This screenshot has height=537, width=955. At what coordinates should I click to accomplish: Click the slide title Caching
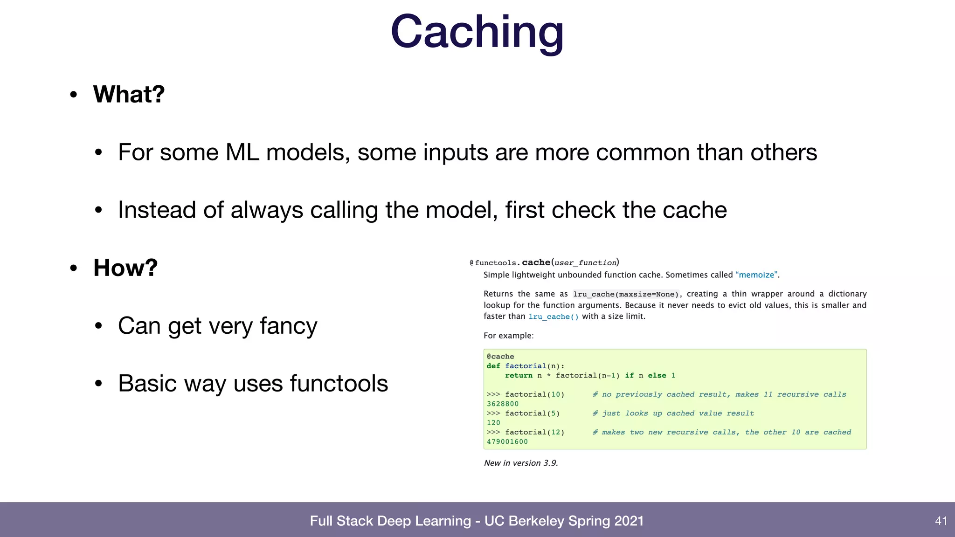tap(477, 32)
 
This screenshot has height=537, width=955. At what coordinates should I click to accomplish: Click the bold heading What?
tap(129, 94)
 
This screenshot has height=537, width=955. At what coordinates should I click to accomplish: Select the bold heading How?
tap(125, 268)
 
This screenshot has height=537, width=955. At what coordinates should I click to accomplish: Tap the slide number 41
tap(941, 521)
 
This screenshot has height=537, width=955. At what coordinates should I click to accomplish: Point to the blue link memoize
tap(756, 275)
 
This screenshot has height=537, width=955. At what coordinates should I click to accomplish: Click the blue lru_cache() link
tap(554, 317)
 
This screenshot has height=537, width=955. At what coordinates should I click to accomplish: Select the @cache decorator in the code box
tap(500, 357)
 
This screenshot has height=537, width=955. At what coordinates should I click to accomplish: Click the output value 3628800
tap(503, 404)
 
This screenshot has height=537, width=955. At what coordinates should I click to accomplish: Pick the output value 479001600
tap(507, 442)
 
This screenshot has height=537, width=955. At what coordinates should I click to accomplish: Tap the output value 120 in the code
tap(493, 423)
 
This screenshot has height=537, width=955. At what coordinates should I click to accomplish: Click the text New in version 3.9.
tap(521, 463)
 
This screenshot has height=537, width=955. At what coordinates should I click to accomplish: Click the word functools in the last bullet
tap(339, 384)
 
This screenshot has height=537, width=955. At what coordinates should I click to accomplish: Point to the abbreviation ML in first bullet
tap(242, 152)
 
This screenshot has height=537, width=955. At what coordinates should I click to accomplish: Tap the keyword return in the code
tap(519, 376)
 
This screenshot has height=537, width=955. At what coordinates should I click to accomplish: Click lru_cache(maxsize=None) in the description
tap(626, 294)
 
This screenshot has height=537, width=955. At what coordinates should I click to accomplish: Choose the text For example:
tap(508, 336)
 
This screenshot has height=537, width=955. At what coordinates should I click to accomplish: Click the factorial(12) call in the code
tap(534, 433)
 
